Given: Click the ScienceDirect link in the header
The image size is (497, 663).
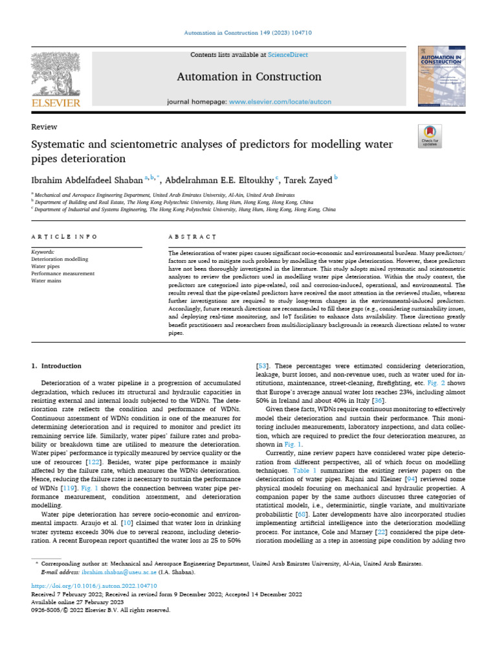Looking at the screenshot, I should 290,56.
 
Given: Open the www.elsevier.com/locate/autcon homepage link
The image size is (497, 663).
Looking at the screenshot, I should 280,102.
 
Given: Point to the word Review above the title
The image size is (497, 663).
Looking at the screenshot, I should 44,127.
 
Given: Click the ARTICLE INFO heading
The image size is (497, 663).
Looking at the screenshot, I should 65,238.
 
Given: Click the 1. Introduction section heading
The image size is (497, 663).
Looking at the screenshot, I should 56,366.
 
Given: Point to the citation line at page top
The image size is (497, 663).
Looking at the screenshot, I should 248,33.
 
